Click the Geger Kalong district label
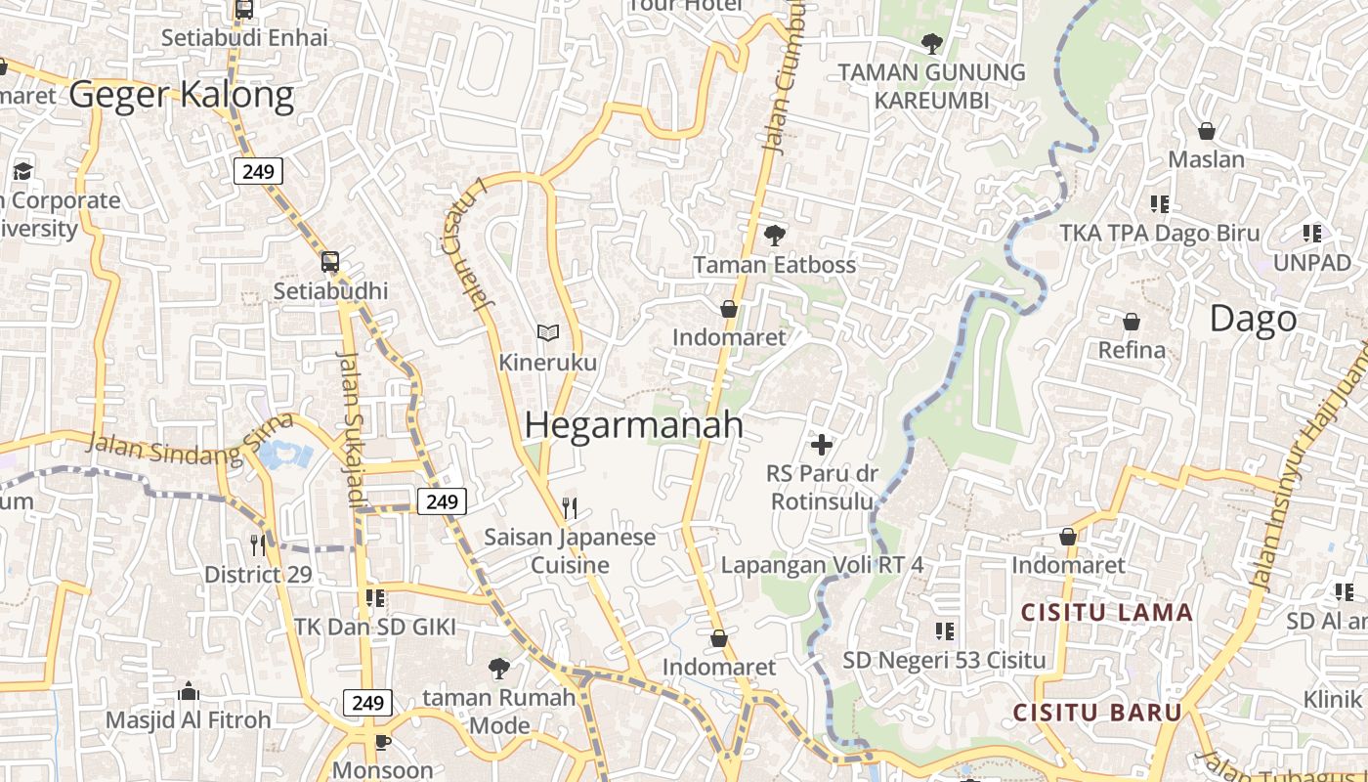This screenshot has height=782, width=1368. point(182,95)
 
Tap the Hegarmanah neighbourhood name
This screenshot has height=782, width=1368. point(633,425)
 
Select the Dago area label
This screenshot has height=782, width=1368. point(1253,319)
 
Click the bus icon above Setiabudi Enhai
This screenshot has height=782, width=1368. point(244,10)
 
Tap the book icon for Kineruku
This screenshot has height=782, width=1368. point(548,333)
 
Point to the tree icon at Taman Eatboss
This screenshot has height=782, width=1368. point(774,235)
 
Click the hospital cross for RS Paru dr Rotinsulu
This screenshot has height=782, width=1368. point(822,445)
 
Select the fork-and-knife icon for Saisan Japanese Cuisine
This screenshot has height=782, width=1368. point(571,507)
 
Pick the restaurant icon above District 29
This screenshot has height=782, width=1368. point(258,544)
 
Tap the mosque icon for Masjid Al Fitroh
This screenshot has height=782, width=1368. point(189,692)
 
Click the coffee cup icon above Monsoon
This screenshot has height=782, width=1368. point(383,742)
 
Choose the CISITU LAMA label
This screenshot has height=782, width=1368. point(1107,613)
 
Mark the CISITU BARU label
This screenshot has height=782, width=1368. point(1097,713)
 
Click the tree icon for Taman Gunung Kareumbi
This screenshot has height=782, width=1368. point(931,43)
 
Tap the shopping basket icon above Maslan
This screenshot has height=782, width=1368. point(1207,131)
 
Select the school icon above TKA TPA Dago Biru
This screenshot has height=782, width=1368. point(1160,204)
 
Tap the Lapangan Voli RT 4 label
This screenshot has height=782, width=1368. point(822,565)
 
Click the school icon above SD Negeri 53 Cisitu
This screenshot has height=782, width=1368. point(944,630)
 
